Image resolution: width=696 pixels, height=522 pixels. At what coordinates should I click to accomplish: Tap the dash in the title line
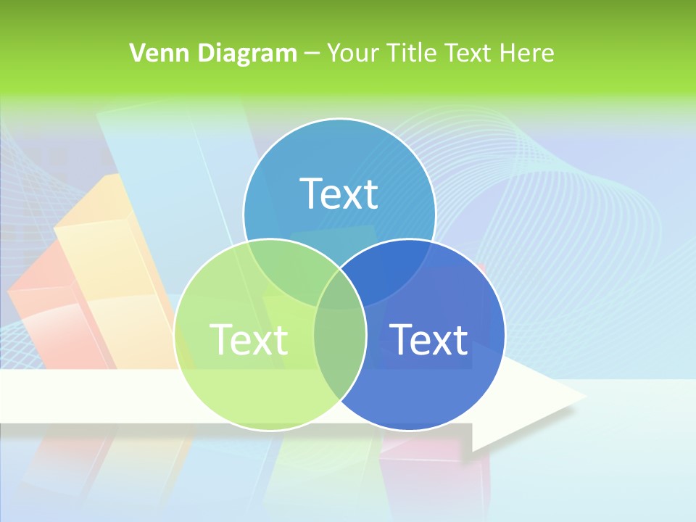[312, 54]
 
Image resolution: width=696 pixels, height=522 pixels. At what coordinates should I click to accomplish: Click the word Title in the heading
[412, 53]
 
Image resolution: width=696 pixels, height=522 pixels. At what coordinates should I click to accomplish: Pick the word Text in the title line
[472, 53]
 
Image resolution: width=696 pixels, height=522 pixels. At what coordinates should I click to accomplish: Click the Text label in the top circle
[339, 194]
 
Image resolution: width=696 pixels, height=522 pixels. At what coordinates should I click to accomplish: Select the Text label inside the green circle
[249, 339]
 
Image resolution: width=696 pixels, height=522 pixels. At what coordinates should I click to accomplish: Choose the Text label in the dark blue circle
[429, 339]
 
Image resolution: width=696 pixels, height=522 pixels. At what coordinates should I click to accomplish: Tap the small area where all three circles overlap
[340, 290]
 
